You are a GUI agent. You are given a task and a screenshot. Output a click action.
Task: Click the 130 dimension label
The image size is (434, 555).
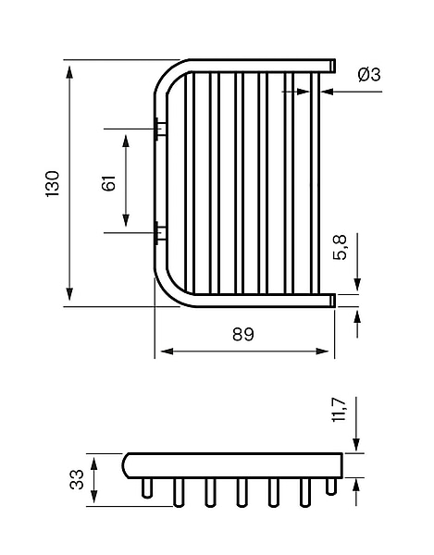(x=53, y=184)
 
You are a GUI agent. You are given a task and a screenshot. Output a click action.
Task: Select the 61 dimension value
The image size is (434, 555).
(x=108, y=183)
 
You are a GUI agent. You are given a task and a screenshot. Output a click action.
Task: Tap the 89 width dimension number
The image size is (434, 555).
(x=243, y=334)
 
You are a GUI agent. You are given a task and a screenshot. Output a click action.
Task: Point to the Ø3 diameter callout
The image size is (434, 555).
(x=369, y=75)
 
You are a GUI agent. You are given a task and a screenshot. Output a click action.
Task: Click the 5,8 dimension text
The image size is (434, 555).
(x=341, y=247)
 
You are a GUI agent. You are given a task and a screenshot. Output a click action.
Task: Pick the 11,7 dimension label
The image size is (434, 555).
(x=339, y=410)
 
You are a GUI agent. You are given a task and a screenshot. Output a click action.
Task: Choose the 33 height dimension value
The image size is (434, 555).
(x=77, y=479)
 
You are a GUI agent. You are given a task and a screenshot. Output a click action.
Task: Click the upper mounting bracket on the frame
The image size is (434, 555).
(x=160, y=129)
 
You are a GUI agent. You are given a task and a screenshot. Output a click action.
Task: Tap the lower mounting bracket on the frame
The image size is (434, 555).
(x=160, y=233)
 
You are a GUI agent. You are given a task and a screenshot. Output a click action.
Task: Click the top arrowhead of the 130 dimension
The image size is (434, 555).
(x=69, y=72)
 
